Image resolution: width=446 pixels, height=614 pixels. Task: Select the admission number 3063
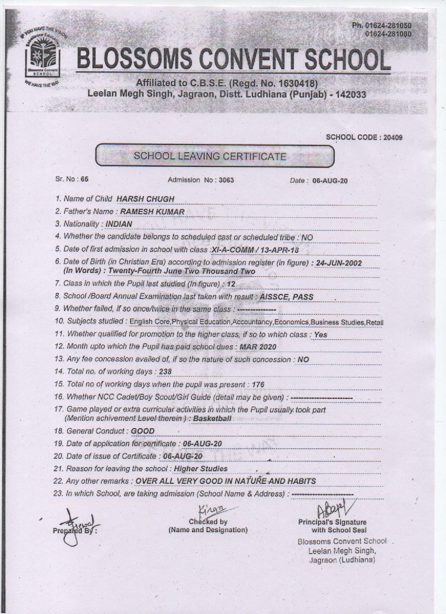226,180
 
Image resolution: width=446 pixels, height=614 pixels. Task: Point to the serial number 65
84,179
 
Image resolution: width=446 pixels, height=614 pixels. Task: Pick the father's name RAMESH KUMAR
152,211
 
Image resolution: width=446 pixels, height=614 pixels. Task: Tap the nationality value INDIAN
119,224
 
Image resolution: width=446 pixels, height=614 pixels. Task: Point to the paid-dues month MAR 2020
258,347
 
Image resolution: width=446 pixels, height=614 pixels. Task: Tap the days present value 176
258,385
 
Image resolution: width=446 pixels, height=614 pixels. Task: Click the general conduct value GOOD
143,431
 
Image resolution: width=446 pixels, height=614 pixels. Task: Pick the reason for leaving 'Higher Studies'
200,469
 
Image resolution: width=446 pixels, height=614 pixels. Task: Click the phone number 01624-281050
389,26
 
